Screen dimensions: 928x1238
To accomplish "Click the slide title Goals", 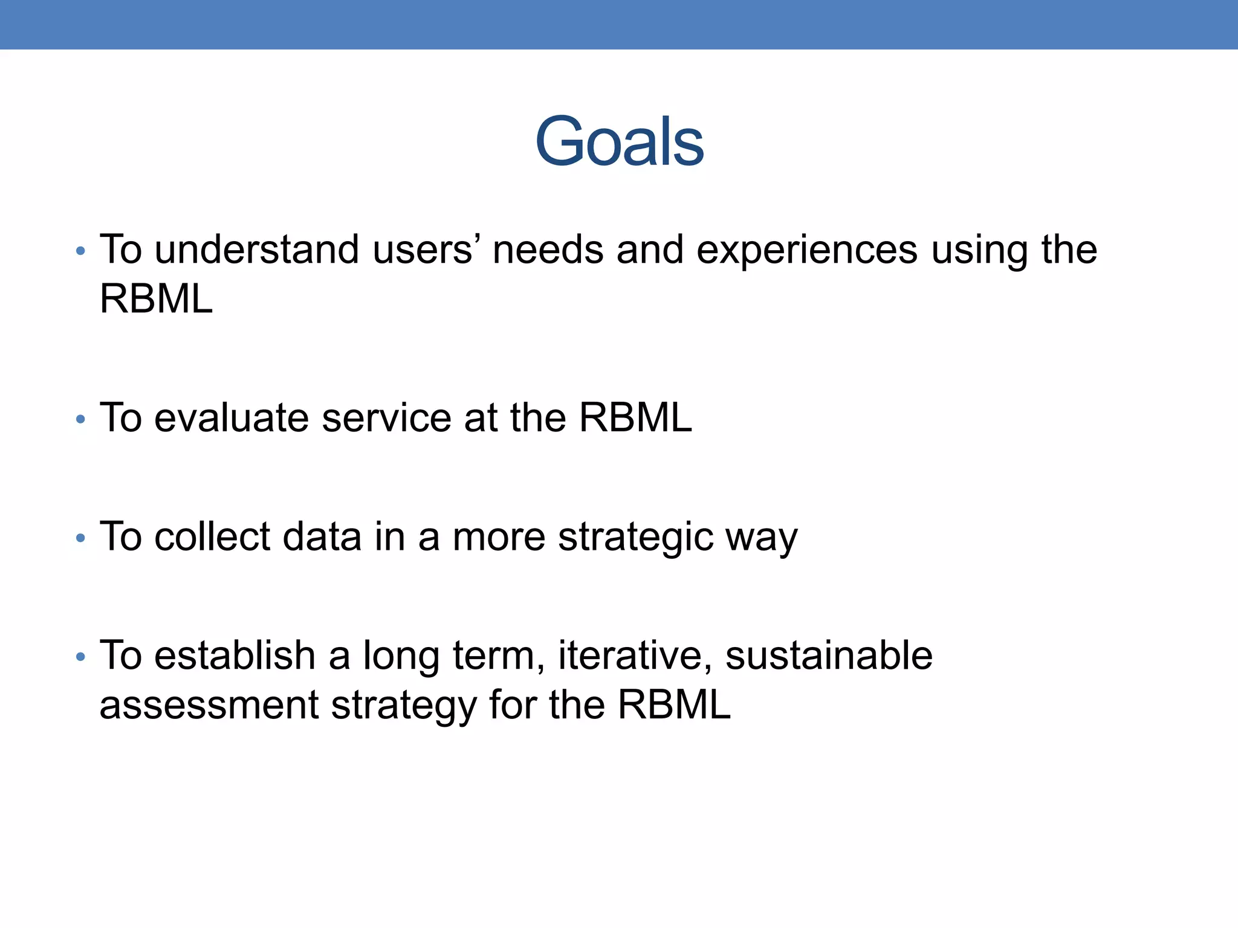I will pos(620,142).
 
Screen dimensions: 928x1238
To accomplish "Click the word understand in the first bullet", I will pos(256,250).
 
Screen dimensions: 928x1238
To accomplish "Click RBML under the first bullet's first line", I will pos(156,299).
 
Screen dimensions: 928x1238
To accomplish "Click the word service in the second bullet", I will pos(387,417).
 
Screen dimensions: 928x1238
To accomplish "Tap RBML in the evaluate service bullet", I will pos(635,417).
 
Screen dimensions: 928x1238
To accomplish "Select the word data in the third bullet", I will pos(322,536).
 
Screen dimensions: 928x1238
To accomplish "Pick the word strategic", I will pos(635,536).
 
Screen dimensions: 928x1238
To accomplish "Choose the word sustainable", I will pos(829,656).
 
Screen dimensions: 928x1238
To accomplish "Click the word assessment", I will pos(209,705).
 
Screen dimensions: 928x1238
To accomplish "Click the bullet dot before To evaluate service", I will pos(81,419).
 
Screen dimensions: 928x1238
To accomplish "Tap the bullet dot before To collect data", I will pos(81,538).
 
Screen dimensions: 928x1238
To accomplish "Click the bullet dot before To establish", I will pos(81,657).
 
